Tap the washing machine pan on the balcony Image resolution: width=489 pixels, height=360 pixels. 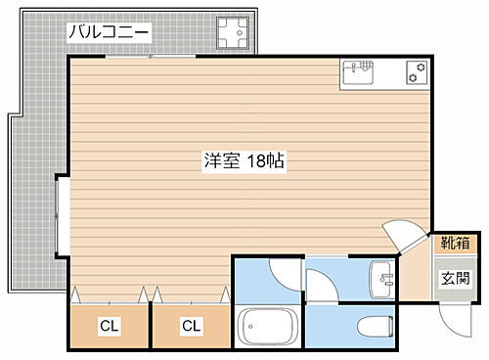coord(233,34)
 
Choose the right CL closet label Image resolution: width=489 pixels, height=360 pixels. coord(191,327)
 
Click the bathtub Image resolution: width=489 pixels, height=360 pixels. coord(268,326)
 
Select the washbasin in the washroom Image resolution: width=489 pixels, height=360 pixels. coord(380,278)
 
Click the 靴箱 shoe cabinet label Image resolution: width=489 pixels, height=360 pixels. coord(452,244)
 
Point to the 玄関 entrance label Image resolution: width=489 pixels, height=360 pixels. coord(452,278)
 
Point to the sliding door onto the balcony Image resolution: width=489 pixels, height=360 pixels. coord(152,56)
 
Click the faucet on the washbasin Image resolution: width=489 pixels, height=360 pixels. coord(388,279)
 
